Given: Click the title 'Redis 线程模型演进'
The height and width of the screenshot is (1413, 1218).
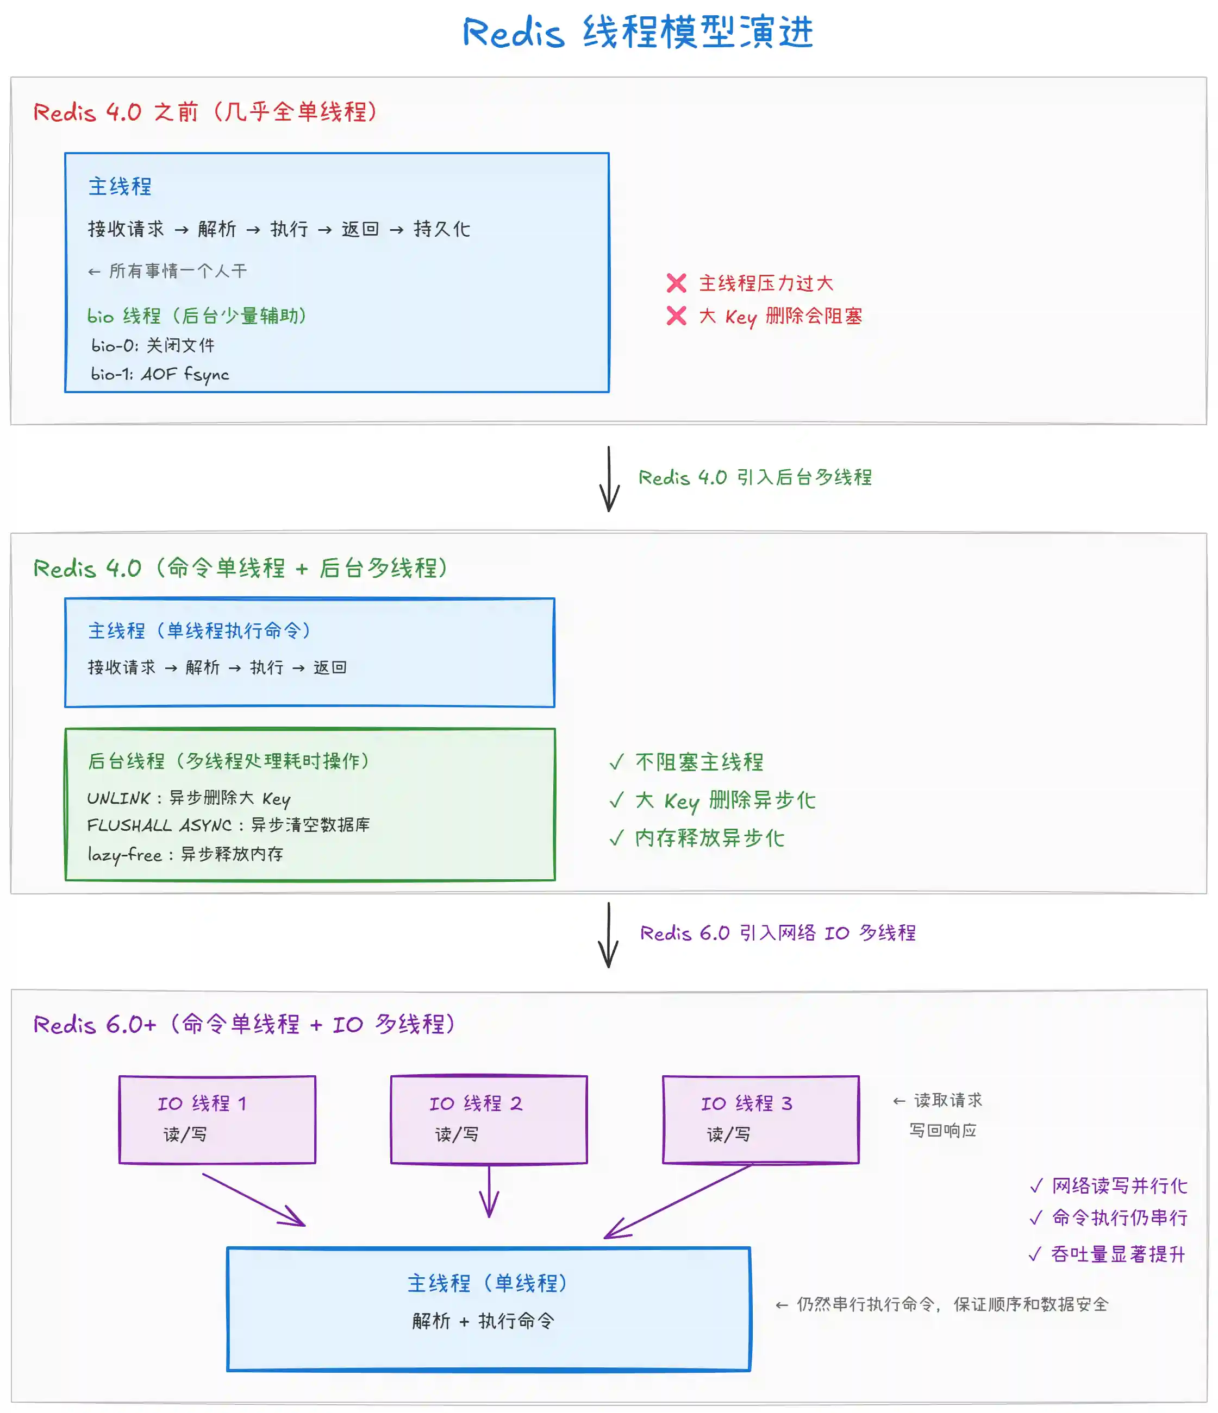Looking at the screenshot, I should [x=638, y=32].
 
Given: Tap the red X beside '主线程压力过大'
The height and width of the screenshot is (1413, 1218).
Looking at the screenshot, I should [x=676, y=283].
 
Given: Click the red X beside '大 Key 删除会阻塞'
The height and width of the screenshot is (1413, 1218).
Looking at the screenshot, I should [x=676, y=316].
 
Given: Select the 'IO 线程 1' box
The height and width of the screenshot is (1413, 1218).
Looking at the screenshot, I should [x=217, y=1119].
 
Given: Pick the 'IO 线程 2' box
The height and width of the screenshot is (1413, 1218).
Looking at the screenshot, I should [x=489, y=1119].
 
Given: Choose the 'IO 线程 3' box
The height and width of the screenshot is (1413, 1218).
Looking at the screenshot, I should [x=760, y=1119].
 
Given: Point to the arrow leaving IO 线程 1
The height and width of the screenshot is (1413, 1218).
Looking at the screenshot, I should [x=253, y=1199].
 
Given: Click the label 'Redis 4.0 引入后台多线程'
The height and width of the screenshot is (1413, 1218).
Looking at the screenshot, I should [x=755, y=477].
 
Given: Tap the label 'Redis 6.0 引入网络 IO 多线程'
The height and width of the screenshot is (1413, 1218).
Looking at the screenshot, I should [x=777, y=933].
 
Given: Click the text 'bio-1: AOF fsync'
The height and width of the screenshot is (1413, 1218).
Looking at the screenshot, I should [x=160, y=374].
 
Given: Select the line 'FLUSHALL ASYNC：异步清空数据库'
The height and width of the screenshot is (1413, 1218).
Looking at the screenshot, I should [x=228, y=825].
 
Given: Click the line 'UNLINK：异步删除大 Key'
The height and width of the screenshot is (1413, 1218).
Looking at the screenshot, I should [x=189, y=798].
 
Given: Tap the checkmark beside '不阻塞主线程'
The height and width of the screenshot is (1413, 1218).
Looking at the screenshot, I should [x=616, y=762].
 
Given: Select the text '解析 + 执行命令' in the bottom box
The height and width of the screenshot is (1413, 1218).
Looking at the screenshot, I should [x=483, y=1321].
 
